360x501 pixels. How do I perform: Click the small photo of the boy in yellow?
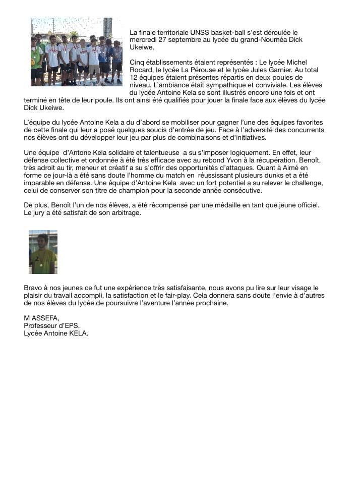[43, 252]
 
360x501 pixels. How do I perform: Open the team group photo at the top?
[76, 52]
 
